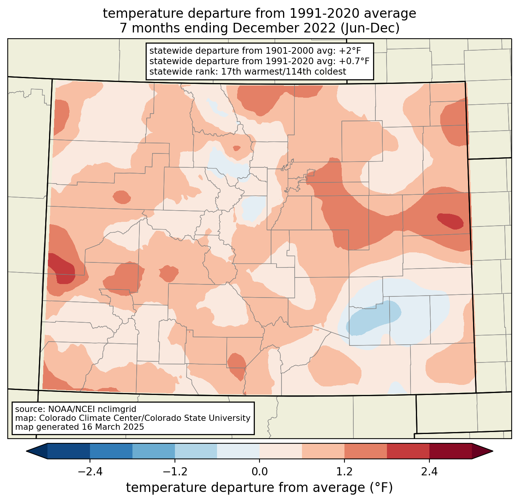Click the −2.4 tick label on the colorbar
90,472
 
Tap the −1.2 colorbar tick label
175,472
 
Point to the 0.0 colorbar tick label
259,472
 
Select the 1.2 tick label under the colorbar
344,472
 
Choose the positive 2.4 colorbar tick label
429,472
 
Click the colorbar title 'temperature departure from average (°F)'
259,488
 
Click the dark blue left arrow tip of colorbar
27,451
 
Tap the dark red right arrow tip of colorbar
492,451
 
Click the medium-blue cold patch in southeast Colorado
373,318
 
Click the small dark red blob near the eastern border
450,221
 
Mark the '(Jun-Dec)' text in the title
370,28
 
